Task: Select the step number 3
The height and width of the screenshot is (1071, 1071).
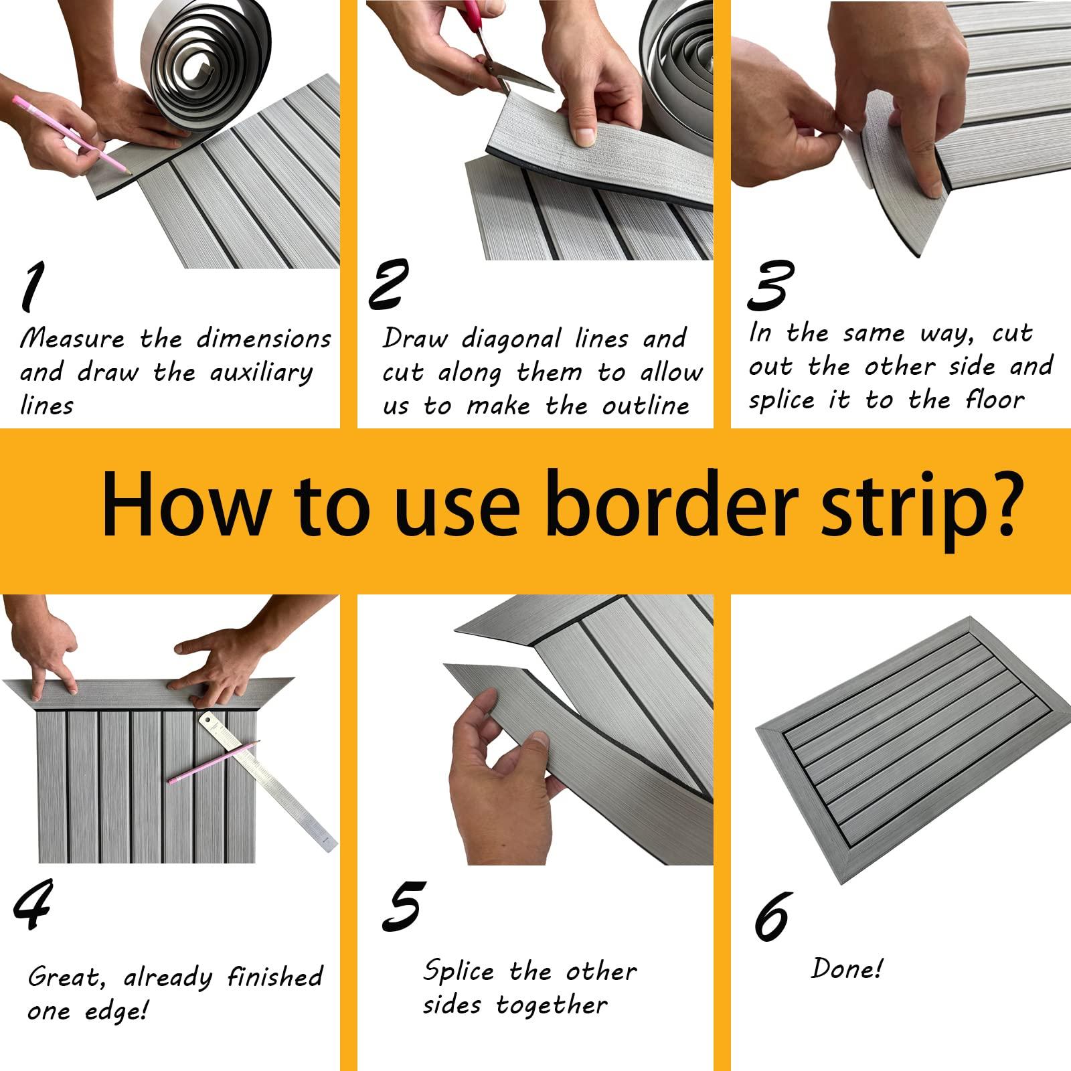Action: coord(770,286)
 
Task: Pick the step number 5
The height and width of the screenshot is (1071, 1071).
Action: coord(404,907)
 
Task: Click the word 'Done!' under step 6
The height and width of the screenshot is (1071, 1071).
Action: coord(847,969)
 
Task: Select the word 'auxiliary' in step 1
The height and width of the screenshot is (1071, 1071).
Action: coord(262,373)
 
